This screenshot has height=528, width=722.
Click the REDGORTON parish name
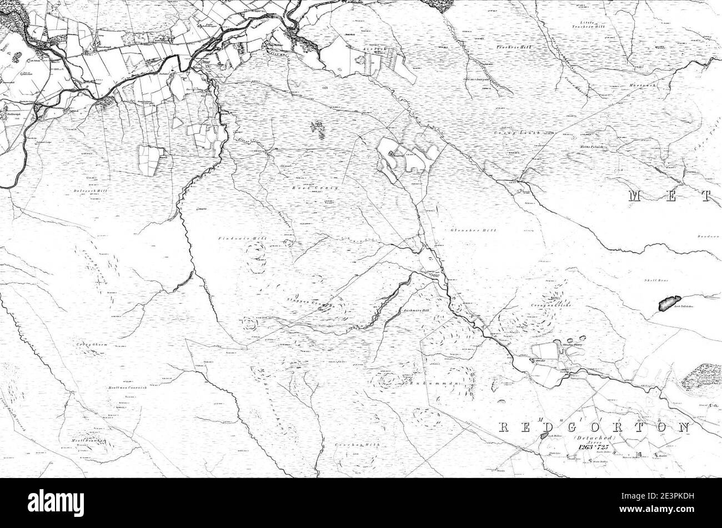593,428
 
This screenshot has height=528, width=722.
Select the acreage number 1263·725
593,447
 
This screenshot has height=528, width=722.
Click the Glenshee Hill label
465,230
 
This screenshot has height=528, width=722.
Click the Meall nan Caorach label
128,388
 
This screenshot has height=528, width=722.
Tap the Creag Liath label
525,133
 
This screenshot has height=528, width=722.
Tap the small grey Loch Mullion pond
543,437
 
